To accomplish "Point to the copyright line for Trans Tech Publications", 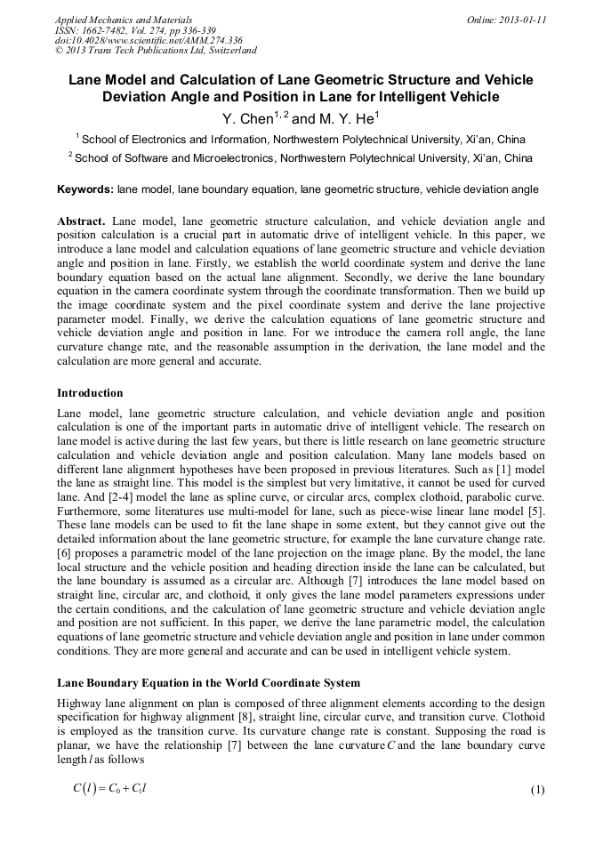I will click(156, 52).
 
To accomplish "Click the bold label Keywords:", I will click(85, 189).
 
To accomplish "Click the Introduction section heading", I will click(90, 392).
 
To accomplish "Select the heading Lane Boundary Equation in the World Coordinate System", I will click(208, 683).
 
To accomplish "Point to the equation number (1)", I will click(536, 790).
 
